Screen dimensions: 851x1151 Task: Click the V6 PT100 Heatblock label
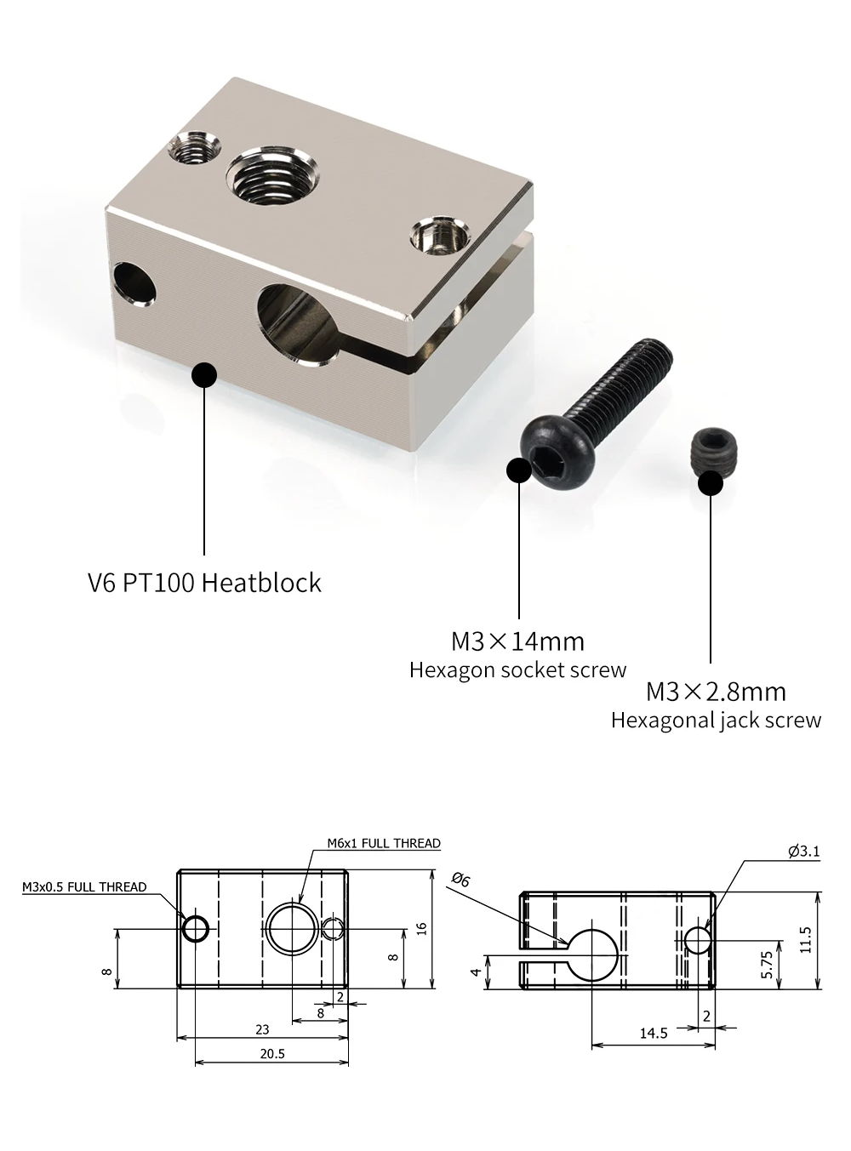204,582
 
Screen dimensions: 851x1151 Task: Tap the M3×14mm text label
517,641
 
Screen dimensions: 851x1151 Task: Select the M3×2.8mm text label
716,692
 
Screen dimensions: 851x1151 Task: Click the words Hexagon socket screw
517,670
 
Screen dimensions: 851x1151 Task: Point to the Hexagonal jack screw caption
716,721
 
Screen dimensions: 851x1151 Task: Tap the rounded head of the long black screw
558,453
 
